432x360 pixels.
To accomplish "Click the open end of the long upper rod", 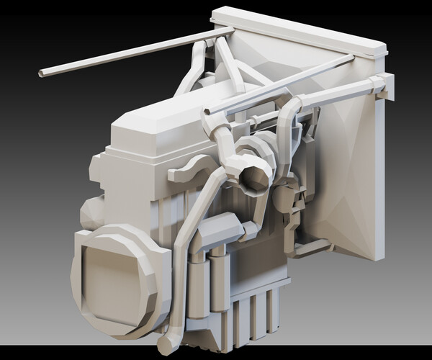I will pyautogui.click(x=42, y=73).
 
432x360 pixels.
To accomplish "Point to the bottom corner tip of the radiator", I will pyautogui.click(x=376, y=256).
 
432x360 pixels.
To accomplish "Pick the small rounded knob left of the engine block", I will pyautogui.click(x=92, y=213).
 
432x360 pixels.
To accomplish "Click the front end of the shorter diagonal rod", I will pyautogui.click(x=209, y=112).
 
